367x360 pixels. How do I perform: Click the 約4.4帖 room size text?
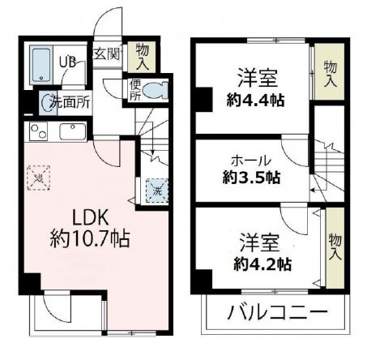tap(258, 101)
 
